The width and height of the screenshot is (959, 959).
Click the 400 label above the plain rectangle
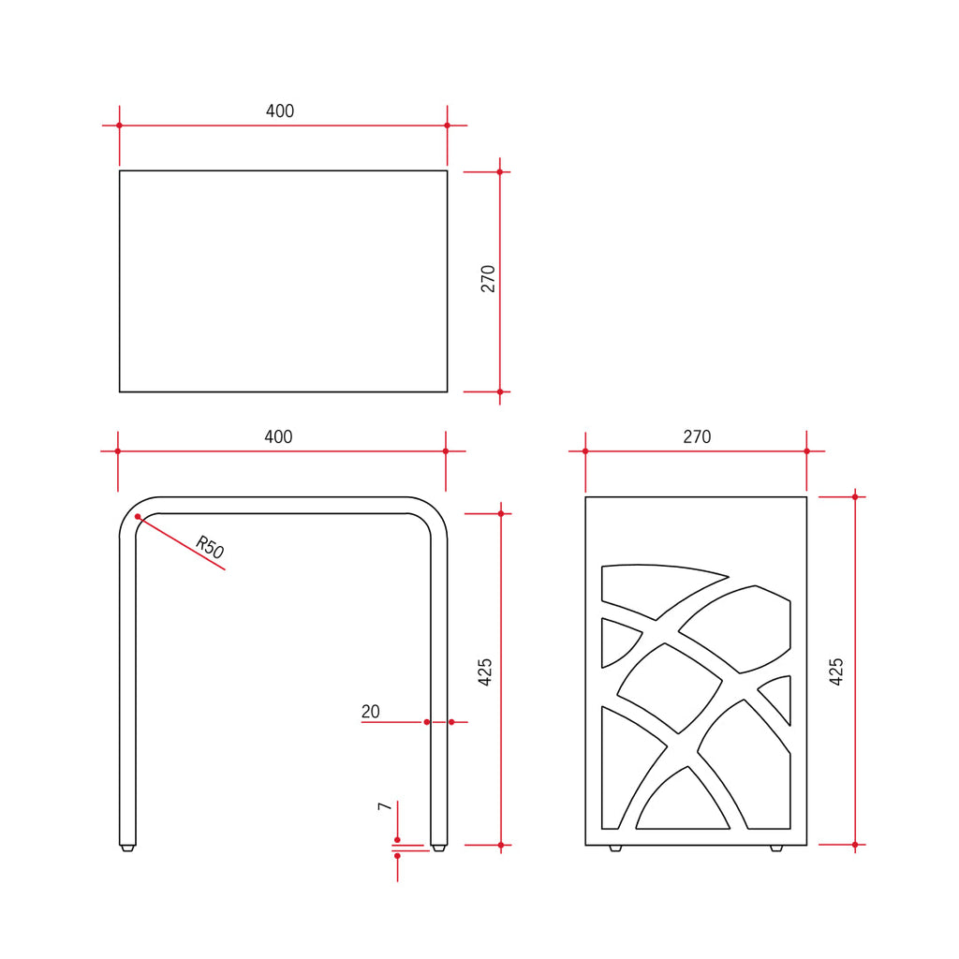click(x=280, y=111)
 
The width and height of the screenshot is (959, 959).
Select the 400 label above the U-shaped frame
click(x=278, y=437)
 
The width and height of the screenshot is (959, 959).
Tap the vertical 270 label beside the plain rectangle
click(x=488, y=279)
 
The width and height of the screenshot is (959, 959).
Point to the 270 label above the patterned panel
click(x=697, y=437)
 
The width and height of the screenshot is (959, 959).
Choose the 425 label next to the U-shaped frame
click(x=485, y=672)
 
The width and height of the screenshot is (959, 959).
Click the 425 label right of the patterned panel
click(x=836, y=671)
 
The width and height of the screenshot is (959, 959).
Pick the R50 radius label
click(x=211, y=548)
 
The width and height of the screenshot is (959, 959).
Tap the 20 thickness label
click(x=371, y=712)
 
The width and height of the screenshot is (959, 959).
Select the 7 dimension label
click(x=384, y=806)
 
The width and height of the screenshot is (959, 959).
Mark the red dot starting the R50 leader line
click(x=138, y=517)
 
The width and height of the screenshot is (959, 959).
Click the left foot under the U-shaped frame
click(x=127, y=848)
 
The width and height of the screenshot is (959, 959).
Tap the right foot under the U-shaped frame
click(x=438, y=848)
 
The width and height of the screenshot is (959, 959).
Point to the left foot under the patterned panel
click(x=614, y=848)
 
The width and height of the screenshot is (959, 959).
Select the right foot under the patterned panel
click(x=775, y=848)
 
